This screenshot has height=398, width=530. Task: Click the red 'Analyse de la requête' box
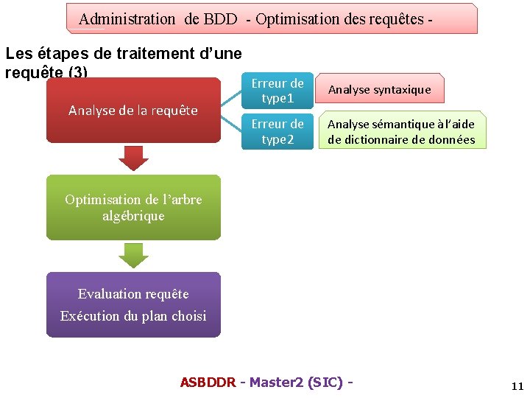coord(133,111)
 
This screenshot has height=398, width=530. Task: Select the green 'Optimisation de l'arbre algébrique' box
coord(133,207)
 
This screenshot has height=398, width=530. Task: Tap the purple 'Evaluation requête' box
coord(133,304)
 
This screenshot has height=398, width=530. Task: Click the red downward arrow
coord(133,157)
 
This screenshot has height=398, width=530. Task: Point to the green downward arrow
coord(133,255)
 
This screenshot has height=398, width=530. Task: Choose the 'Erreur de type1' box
coord(278,90)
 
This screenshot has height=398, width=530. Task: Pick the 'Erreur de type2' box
coord(278,131)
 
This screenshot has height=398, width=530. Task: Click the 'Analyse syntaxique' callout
coord(380,89)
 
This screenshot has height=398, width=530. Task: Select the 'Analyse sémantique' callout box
coord(402,132)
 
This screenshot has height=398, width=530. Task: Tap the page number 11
coord(517,386)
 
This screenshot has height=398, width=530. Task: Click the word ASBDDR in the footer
coord(208,382)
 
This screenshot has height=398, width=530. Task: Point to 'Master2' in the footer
coord(275,382)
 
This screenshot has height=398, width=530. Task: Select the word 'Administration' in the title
coord(127,19)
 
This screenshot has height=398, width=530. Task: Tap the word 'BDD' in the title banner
coord(222,19)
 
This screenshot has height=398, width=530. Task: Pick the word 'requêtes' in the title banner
coord(391,19)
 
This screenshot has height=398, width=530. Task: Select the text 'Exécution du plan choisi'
coord(133,316)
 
